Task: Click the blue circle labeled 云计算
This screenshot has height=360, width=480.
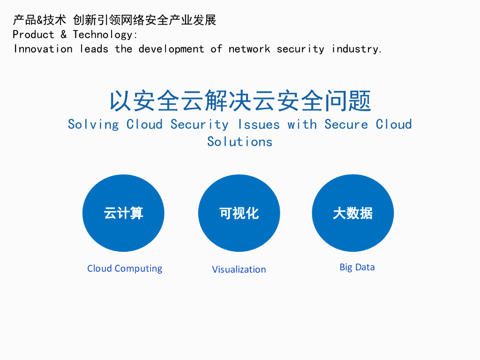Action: coord(123,213)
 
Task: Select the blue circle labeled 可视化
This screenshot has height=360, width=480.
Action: coord(239,213)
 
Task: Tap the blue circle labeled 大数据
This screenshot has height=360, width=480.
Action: coord(353,213)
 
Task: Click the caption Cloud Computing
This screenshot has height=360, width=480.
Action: coord(125,269)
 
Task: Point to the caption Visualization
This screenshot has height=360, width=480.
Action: coord(239,270)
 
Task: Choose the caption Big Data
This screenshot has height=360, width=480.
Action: coord(357,267)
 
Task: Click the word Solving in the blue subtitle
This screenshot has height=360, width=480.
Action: coord(93,125)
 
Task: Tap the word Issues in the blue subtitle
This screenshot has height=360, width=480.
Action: coord(259,125)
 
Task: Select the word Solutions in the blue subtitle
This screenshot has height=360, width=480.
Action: coord(240,142)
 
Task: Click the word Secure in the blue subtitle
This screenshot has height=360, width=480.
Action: coord(346,125)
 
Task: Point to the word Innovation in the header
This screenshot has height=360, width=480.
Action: coord(43,49)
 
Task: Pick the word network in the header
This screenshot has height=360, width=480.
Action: coord(249,49)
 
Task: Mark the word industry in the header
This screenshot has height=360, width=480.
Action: coord(357,49)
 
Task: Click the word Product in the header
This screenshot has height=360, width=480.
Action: coord(33,35)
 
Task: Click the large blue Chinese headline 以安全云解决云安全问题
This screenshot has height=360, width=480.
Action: coord(240,101)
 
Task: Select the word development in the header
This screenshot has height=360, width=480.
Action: coord(171,49)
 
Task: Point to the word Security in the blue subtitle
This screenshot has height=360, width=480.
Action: coord(199,125)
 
